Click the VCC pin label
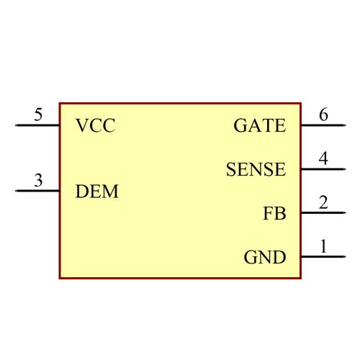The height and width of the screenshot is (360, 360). [96, 126]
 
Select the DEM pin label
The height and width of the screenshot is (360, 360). [97, 192]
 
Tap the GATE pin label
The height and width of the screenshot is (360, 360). [259, 126]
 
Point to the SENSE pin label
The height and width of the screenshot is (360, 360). [256, 170]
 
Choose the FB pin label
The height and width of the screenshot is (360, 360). [274, 214]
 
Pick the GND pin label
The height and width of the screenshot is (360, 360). [264, 258]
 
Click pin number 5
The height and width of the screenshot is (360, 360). [38, 114]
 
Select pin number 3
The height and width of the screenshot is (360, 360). [38, 181]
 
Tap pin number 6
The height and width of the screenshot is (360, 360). [323, 114]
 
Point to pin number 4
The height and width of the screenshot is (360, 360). [323, 158]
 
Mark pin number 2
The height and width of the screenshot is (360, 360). [323, 202]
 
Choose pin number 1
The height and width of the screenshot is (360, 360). [323, 246]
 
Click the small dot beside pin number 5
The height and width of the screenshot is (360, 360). [16, 125]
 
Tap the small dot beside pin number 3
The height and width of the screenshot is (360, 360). [16, 192]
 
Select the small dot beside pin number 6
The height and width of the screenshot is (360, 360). [345, 125]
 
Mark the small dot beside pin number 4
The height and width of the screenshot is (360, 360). [345, 169]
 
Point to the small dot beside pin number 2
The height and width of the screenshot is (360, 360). [345, 213]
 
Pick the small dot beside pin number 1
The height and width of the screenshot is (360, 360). [345, 257]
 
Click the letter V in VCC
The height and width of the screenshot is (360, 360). [82, 126]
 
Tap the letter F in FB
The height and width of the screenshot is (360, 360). [269, 214]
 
